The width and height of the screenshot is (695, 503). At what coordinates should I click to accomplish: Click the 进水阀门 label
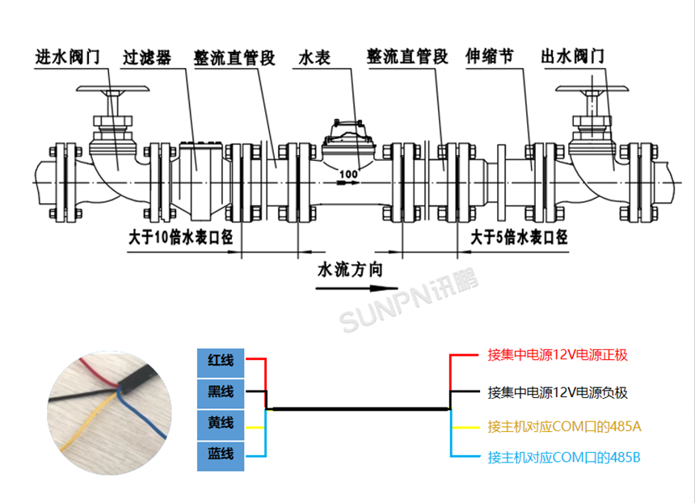[66, 57]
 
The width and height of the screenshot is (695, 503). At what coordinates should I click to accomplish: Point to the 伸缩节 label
[490, 57]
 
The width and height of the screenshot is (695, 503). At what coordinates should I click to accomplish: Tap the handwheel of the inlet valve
[112, 90]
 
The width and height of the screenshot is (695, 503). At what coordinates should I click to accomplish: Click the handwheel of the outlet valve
[592, 89]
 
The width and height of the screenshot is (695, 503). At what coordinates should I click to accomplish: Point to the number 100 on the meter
[348, 174]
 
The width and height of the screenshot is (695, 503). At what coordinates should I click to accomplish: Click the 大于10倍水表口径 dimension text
[181, 238]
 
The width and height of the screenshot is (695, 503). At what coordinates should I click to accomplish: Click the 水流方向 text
[350, 269]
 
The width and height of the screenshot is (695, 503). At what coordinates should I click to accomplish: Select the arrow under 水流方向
[356, 288]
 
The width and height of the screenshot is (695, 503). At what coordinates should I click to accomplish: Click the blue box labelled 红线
[221, 359]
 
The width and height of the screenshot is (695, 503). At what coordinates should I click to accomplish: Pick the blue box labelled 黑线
[221, 392]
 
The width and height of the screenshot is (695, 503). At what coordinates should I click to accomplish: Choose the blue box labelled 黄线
[221, 424]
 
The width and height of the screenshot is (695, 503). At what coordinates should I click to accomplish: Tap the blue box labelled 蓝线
[221, 455]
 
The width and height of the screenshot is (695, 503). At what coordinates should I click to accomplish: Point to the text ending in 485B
[564, 458]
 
